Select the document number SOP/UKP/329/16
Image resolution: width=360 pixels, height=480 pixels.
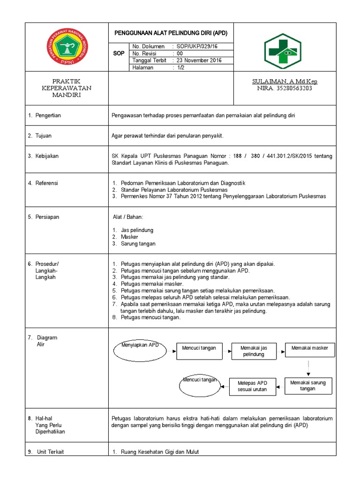[197, 46]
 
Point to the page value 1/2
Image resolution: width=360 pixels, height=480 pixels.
[180, 67]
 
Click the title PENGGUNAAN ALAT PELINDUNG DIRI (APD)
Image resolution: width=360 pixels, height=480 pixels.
[171, 33]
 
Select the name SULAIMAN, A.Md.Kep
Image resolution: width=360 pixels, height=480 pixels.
[285, 82]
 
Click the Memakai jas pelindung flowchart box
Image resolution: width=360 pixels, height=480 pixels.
[254, 351]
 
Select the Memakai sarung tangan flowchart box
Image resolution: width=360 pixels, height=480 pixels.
[308, 386]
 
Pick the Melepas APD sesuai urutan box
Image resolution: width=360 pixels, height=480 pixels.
[252, 386]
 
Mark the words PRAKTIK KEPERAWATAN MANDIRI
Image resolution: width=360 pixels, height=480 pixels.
[67, 88]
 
